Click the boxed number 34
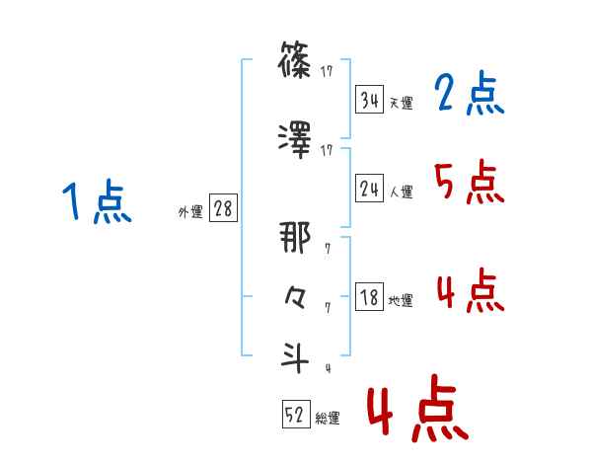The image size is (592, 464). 370,100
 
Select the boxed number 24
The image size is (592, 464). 370,190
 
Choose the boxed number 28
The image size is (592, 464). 222,209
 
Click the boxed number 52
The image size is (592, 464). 296,416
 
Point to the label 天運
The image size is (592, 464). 401,103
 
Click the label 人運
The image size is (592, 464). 401,193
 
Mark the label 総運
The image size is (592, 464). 327,419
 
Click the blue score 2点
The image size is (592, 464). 469,94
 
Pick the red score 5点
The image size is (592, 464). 469,182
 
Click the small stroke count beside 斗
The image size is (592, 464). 327,370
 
